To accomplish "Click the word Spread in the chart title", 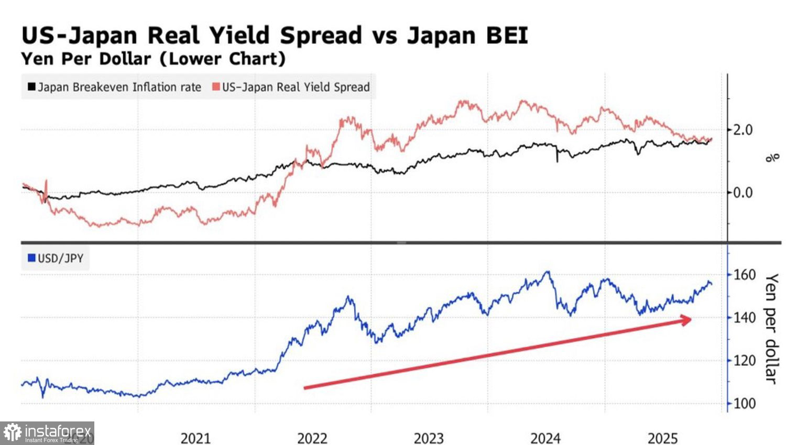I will tap(321, 36).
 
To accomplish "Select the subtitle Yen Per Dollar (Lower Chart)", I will tap(153, 58).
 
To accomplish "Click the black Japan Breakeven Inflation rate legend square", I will tap(31, 87).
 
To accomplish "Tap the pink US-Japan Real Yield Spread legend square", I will tap(216, 87).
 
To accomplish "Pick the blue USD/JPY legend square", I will tap(31, 258).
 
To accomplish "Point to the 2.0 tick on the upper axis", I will tap(742, 130).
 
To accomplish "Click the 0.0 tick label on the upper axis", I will tap(742, 193).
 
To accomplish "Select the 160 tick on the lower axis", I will tap(744, 275).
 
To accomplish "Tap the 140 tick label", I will tap(744, 318).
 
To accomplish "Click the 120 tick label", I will tap(744, 361).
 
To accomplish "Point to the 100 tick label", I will tap(744, 404).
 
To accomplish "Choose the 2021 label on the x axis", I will tap(195, 438).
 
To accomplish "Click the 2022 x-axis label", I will tap(312, 438).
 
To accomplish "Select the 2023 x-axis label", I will tap(429, 438).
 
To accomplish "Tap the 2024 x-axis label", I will tap(545, 438).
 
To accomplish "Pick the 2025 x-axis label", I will tap(662, 438).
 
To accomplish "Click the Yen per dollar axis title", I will tap(771, 328).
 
